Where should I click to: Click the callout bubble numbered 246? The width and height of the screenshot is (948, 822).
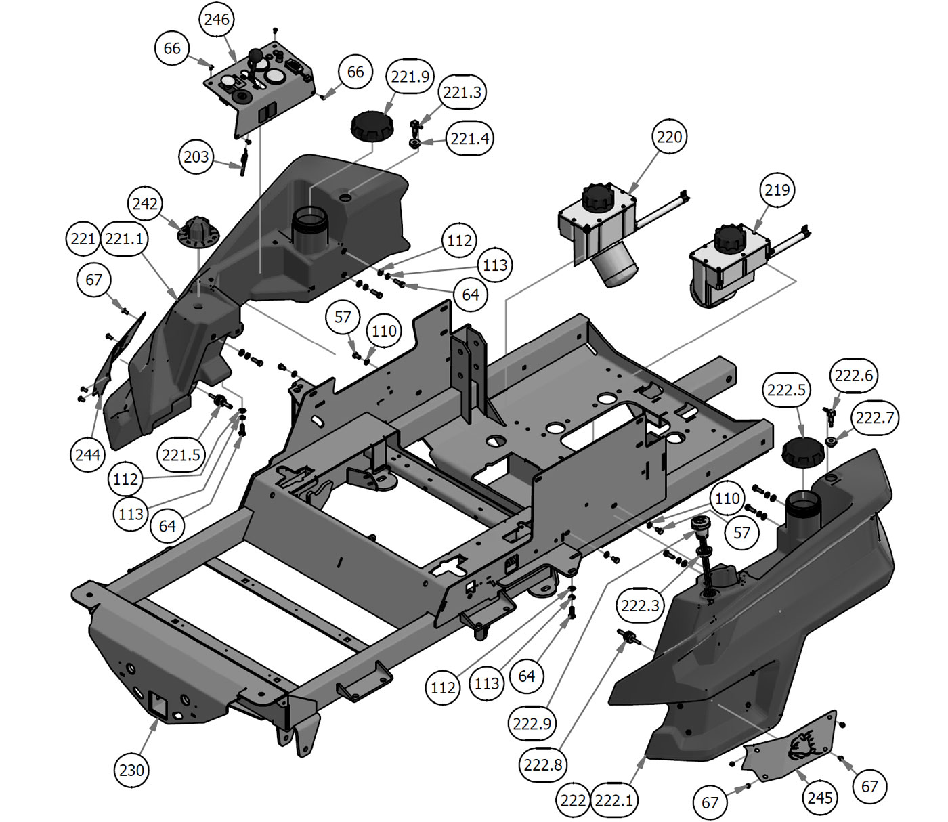(x=217, y=20)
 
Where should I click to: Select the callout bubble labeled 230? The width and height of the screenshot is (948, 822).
(x=132, y=769)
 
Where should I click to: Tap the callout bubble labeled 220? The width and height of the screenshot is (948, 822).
(x=670, y=137)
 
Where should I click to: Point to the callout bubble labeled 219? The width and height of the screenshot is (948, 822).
(x=777, y=190)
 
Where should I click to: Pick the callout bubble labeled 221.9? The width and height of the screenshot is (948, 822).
(x=410, y=77)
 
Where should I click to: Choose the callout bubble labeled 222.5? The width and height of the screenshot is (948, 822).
(x=786, y=390)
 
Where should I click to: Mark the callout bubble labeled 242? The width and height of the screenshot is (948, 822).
(x=145, y=204)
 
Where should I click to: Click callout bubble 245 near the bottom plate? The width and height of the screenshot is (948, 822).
(x=819, y=797)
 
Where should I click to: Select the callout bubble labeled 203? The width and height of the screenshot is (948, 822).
(x=196, y=157)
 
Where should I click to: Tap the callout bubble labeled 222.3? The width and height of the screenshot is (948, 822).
(x=640, y=605)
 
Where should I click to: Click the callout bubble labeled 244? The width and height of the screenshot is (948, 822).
(x=87, y=454)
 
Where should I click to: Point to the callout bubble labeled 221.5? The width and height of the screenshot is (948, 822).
(x=181, y=454)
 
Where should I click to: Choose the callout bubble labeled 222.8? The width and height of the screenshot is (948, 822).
(x=542, y=764)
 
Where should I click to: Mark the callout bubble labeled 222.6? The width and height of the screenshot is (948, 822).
(x=854, y=375)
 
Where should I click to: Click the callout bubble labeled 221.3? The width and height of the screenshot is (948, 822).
(x=462, y=92)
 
